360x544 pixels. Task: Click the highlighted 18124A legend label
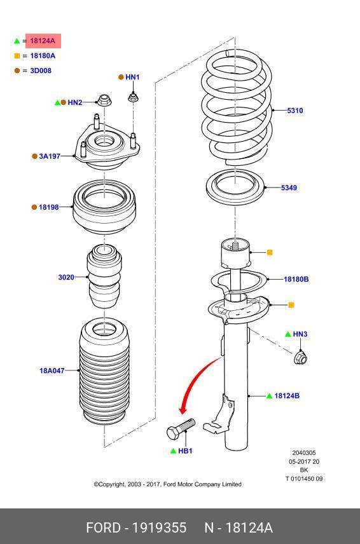[43, 41]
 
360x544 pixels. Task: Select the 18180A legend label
[43, 56]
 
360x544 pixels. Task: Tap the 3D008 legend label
[41, 71]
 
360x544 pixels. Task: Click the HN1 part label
[132, 77]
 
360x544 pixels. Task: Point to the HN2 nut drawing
[104, 100]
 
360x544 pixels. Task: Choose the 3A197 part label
[50, 156]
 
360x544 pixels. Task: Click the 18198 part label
[48, 207]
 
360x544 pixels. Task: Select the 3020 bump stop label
[66, 277]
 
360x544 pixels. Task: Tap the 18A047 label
[52, 371]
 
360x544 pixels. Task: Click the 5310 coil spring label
[295, 111]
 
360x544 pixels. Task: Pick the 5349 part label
[289, 187]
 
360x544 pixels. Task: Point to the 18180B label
[296, 279]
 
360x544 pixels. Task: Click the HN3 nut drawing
[301, 357]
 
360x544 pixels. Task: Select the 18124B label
[287, 395]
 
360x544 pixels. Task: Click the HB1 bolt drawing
[181, 429]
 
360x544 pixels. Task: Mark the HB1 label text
[185, 451]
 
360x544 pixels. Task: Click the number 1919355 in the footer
[160, 527]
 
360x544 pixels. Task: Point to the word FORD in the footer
[103, 527]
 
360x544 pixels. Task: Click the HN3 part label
[300, 334]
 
